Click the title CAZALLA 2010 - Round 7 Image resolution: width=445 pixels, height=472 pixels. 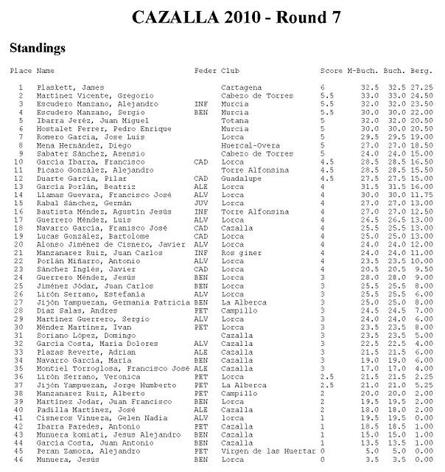tap(236, 18)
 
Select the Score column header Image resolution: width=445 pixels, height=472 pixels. tap(332, 71)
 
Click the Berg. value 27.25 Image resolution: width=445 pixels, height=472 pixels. tap(421, 88)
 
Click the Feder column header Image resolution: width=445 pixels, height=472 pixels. tap(204, 71)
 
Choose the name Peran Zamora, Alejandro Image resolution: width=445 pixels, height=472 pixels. tap(82, 449)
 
